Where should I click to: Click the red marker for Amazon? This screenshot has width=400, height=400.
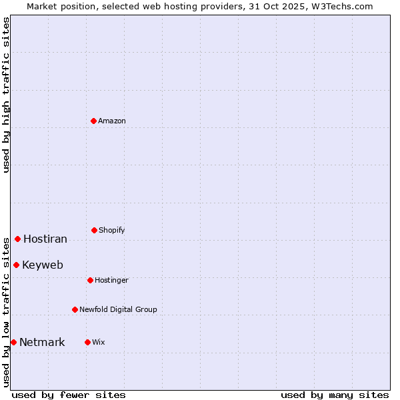click(x=94, y=121)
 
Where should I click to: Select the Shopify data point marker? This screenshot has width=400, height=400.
click(x=94, y=230)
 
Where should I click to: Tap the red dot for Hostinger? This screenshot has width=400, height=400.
click(x=90, y=280)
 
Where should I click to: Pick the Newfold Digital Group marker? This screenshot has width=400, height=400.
click(x=75, y=309)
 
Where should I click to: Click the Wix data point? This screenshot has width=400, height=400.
click(x=87, y=342)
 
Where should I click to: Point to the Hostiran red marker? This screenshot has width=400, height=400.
click(x=17, y=239)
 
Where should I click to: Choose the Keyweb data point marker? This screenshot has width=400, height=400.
click(x=16, y=265)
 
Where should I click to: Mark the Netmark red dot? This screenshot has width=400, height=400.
click(x=13, y=342)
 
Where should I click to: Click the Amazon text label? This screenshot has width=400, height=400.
click(x=112, y=121)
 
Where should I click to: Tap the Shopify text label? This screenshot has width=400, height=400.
click(x=112, y=231)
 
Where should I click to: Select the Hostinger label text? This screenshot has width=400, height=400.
click(x=111, y=281)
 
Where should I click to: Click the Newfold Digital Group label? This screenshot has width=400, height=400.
click(x=118, y=310)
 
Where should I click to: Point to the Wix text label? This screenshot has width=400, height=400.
click(x=99, y=343)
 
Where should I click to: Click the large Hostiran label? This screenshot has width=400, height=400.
click(x=45, y=239)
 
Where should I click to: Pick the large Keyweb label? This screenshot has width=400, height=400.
click(x=43, y=265)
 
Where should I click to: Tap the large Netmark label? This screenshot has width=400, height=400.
click(x=42, y=343)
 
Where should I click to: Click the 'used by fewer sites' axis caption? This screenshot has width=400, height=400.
click(x=69, y=395)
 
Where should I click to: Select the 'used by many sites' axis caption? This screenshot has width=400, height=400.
click(x=335, y=395)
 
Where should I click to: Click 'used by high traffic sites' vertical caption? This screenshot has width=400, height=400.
click(x=6, y=95)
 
